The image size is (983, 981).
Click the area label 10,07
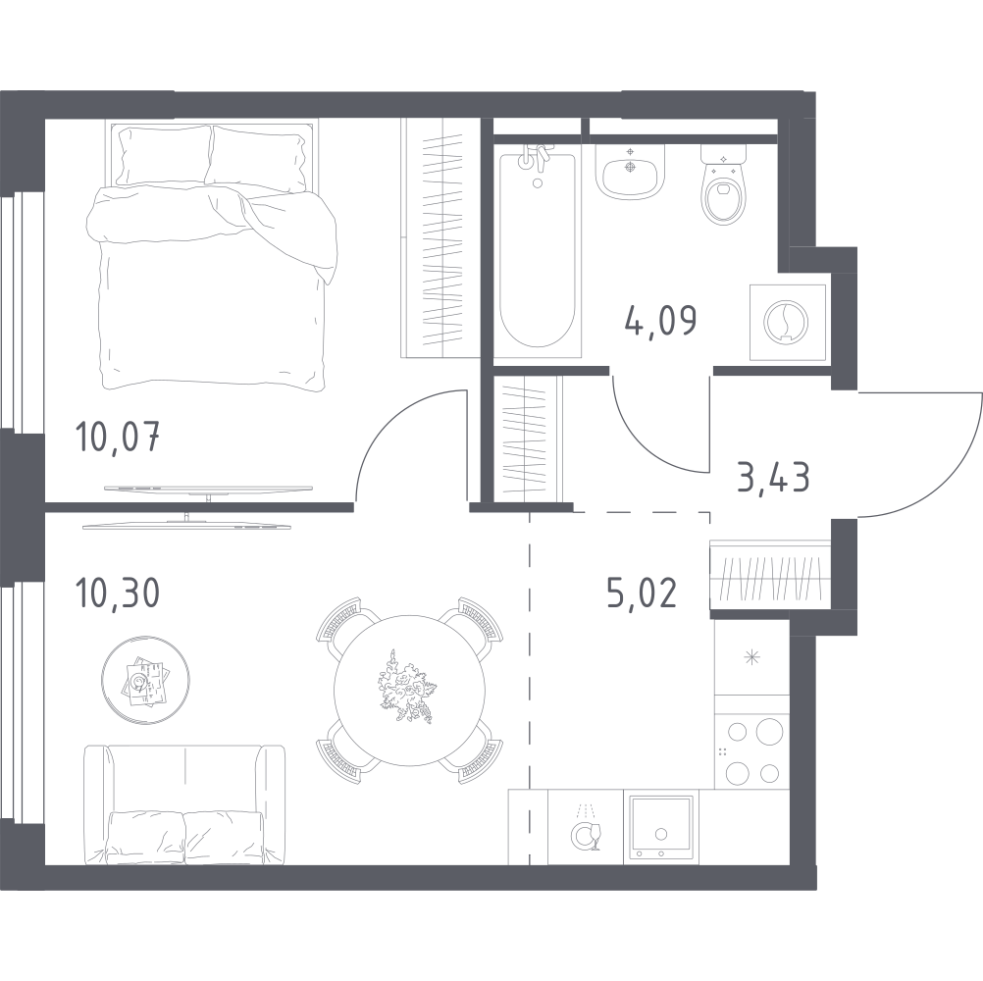pos(117,437)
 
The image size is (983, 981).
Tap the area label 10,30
pos(117,593)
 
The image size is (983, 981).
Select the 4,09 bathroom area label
pos(661,321)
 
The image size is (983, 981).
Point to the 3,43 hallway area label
pos(774,477)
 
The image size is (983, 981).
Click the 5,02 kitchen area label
pos(642,593)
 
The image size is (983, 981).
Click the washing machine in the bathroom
pos(788,322)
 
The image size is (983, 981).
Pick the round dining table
pos(410,691)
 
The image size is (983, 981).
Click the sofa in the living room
pos(184,804)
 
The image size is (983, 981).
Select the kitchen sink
pos(661,827)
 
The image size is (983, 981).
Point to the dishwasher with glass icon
pos(586,827)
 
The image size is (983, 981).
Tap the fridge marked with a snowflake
pos(751,657)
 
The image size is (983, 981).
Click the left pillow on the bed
pos(164,155)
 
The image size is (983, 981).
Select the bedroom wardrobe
pos(440,237)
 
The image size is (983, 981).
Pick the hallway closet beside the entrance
pos(771,577)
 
